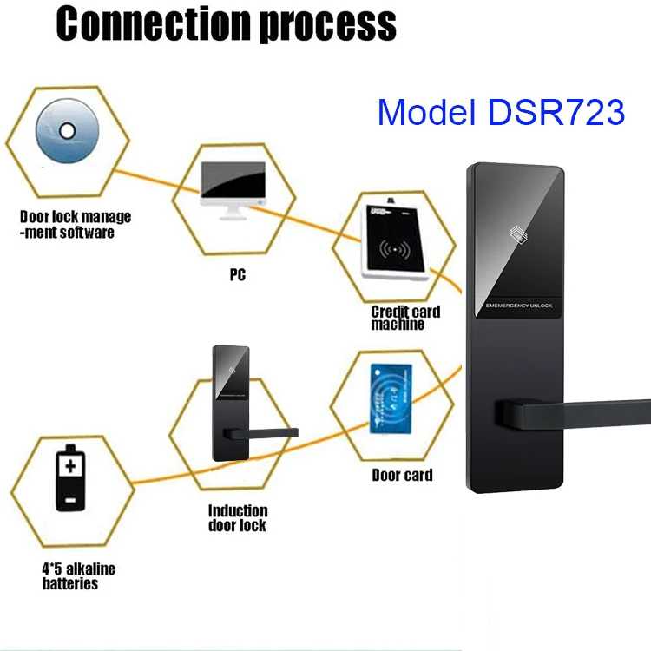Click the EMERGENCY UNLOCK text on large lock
point(517,305)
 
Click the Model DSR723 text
point(501,113)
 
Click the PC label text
point(237,275)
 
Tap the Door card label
point(402,475)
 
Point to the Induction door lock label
point(237,517)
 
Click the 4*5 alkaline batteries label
point(79,576)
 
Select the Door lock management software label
point(76,224)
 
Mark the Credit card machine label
point(404,318)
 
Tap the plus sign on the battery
point(69,467)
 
